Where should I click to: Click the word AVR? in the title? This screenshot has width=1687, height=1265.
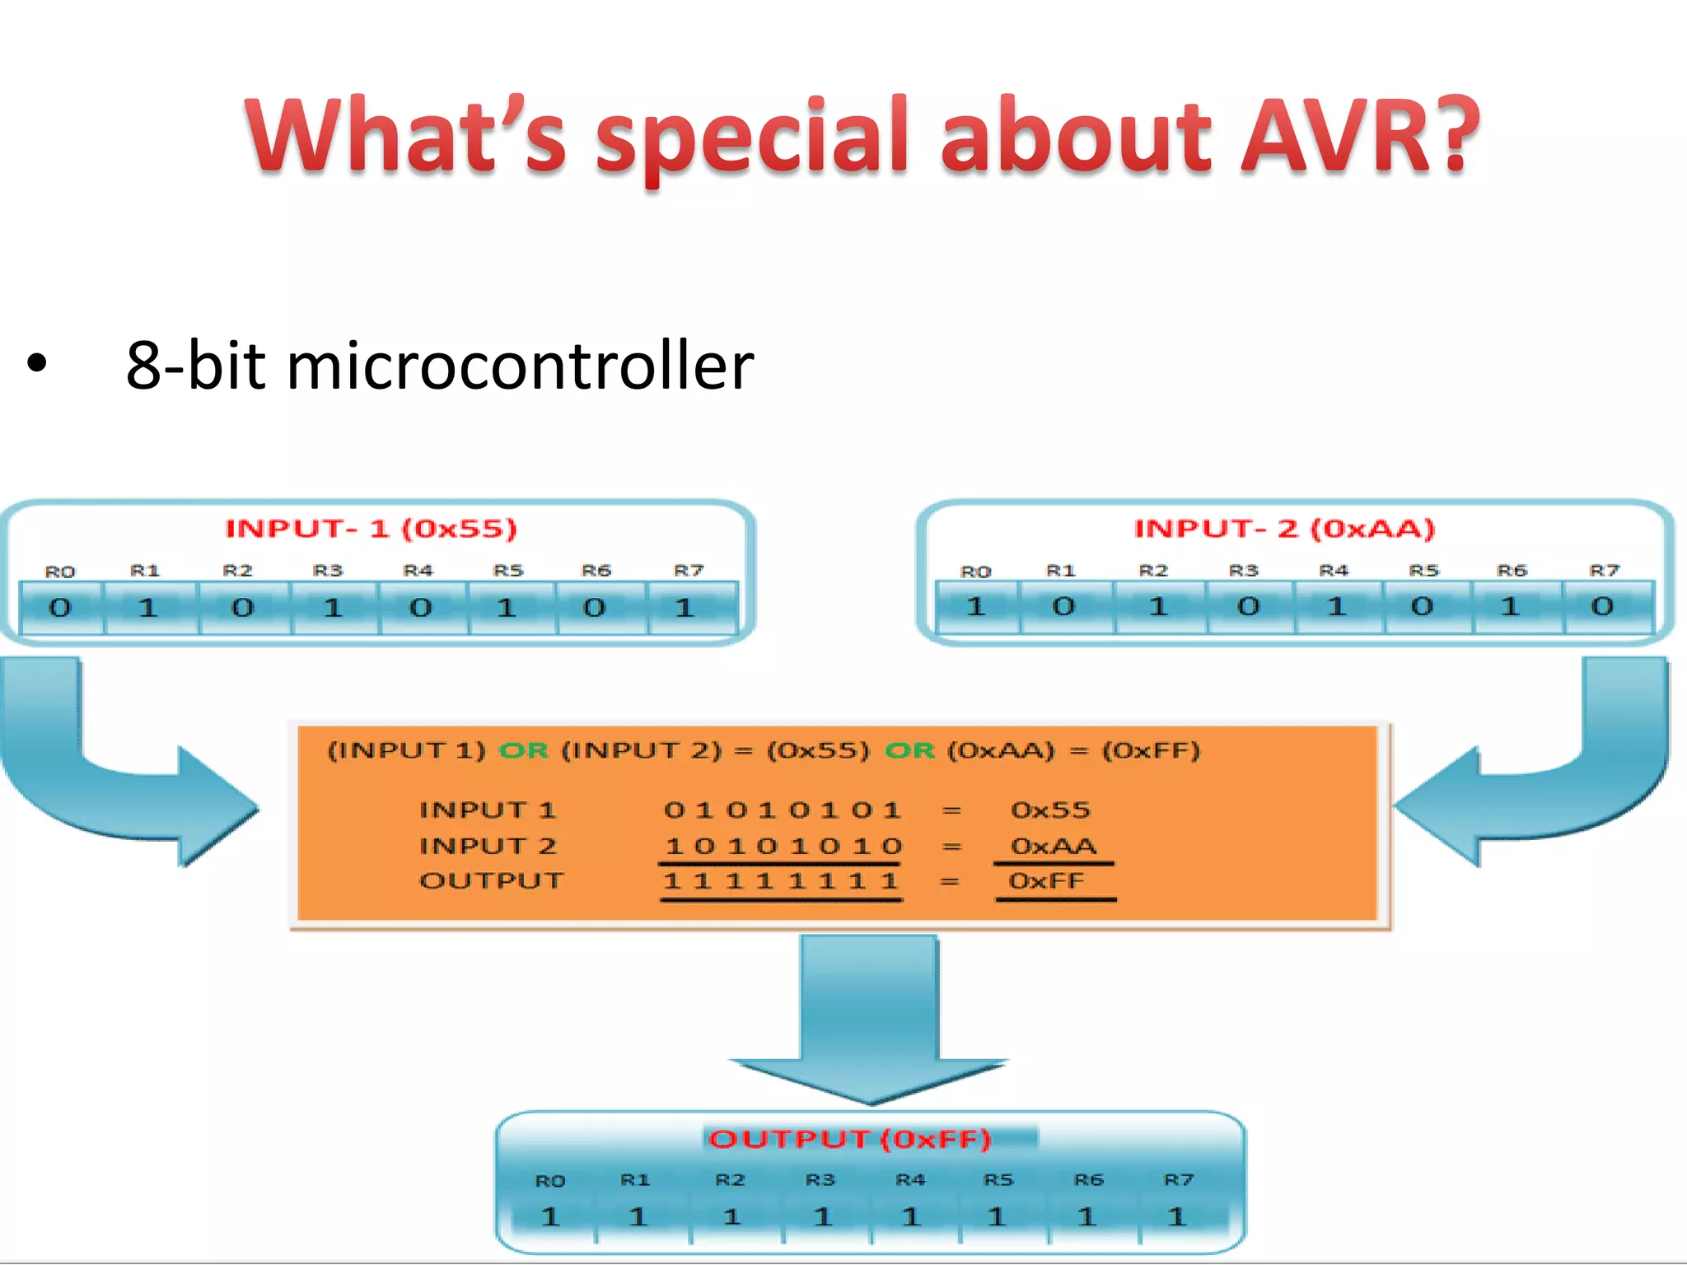click(1359, 136)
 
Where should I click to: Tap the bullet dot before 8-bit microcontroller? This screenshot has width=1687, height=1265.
click(37, 363)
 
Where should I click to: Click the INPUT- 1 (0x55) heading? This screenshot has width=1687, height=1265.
click(372, 529)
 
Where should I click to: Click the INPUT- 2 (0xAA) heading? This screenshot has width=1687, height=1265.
click(1284, 529)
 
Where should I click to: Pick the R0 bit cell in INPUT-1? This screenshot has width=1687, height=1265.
click(61, 609)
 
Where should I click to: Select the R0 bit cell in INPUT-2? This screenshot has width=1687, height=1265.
click(976, 607)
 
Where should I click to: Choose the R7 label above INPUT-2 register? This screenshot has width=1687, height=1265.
click(1604, 570)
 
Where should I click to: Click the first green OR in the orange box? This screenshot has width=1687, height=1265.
click(524, 750)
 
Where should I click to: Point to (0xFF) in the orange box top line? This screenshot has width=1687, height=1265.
click(1152, 750)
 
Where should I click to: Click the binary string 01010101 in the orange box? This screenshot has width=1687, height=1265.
click(782, 810)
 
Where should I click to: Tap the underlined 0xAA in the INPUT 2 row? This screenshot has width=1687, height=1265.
click(1054, 847)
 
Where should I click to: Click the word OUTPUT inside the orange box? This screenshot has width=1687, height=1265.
click(491, 881)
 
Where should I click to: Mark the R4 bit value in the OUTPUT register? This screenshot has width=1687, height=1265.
click(910, 1216)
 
